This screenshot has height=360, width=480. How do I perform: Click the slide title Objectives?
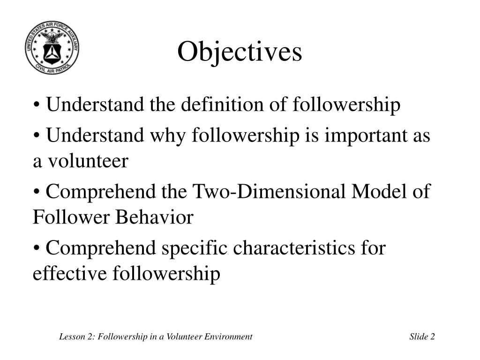[240, 52]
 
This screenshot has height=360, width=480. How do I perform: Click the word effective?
[70, 274]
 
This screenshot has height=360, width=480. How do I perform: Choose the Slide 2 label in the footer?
[422, 337]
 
